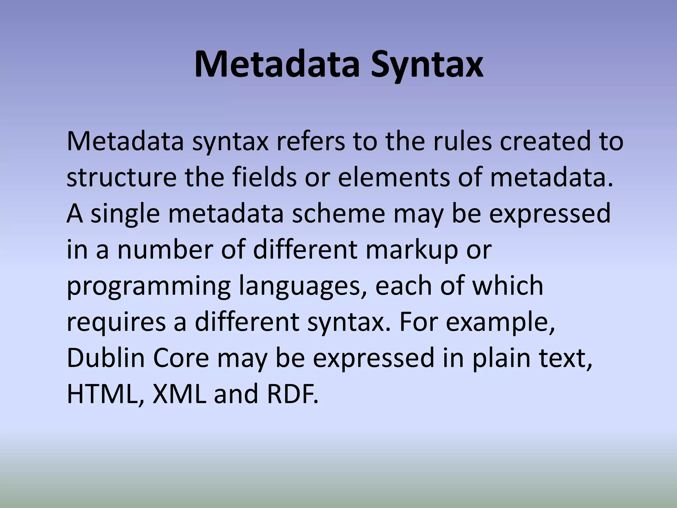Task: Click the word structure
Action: click(122, 178)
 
